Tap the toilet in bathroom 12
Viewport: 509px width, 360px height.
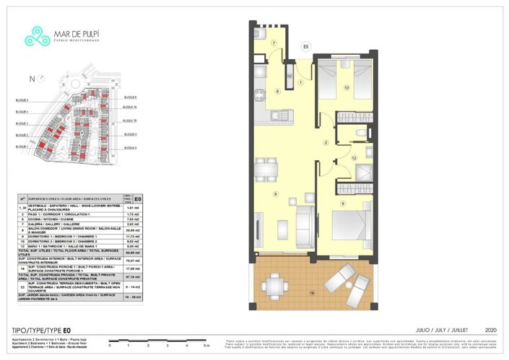[x=362, y=134]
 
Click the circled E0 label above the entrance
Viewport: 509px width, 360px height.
[x=306, y=47]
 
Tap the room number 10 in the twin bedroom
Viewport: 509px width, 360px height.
[x=347, y=88]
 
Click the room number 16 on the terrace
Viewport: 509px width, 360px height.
[x=312, y=294]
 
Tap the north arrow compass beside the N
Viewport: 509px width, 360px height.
[x=42, y=79]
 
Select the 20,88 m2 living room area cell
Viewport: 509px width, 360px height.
[x=133, y=230]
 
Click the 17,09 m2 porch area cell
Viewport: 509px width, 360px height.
[x=133, y=268]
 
